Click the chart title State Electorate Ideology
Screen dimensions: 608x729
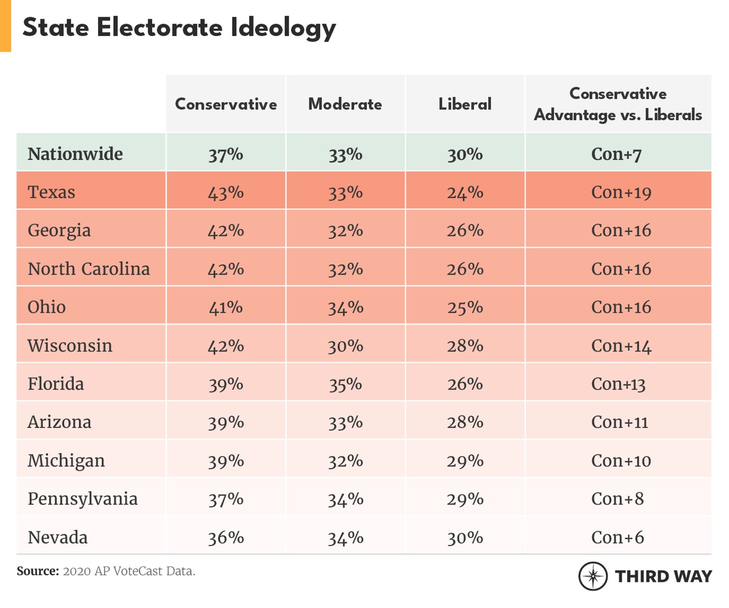point(179,28)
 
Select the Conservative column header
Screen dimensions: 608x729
point(226,104)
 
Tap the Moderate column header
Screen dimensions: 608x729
point(345,104)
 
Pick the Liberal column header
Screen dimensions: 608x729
point(465,104)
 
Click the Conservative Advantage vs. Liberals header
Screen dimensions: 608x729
point(618,104)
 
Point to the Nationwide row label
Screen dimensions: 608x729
point(75,154)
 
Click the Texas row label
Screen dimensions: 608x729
point(51,192)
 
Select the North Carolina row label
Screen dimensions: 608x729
point(89,269)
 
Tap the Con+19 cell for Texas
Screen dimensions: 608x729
point(621,192)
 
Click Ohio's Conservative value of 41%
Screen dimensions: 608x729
point(226,308)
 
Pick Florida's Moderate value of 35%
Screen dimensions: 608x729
point(345,384)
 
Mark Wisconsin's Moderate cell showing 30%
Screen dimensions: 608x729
point(345,346)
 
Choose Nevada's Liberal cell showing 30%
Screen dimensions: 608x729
point(465,538)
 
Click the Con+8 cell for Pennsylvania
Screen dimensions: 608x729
point(617,499)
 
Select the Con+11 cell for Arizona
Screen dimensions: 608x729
point(619,422)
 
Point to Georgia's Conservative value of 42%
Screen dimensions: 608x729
point(226,231)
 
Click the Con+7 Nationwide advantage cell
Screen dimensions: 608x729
point(616,154)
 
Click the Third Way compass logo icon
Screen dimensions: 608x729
point(593,576)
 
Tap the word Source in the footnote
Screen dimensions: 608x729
point(37,571)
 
